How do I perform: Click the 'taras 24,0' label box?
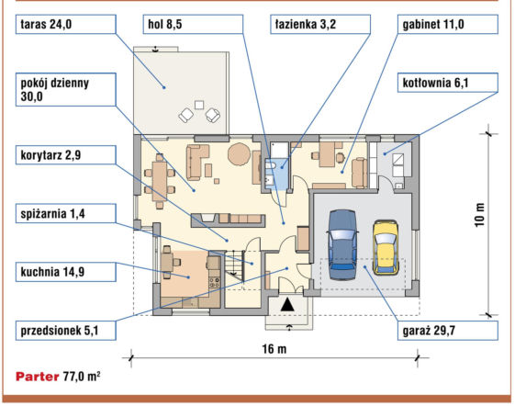click(x=66, y=24)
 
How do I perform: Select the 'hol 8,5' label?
click(x=193, y=24)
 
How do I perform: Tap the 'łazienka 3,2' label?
click(x=320, y=24)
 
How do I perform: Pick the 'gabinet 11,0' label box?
click(x=448, y=24)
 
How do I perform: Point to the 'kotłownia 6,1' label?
click(x=448, y=83)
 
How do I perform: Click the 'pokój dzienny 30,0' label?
click(x=66, y=90)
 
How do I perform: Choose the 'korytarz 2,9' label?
click(x=66, y=155)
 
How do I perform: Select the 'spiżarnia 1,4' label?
click(x=66, y=213)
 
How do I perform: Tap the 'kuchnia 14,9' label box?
click(x=66, y=272)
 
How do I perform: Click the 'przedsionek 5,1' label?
click(x=66, y=331)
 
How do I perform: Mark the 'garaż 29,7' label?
click(x=448, y=331)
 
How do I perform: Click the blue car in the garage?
click(x=342, y=245)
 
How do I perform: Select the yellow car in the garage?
click(x=386, y=248)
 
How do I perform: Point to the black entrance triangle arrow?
click(x=287, y=305)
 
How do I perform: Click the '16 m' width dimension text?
click(x=274, y=349)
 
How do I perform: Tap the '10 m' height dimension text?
click(x=480, y=215)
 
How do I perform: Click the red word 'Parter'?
click(x=38, y=377)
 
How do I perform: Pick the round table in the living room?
click(x=239, y=154)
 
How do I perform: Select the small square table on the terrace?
click(x=199, y=105)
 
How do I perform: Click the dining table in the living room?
click(x=160, y=181)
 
